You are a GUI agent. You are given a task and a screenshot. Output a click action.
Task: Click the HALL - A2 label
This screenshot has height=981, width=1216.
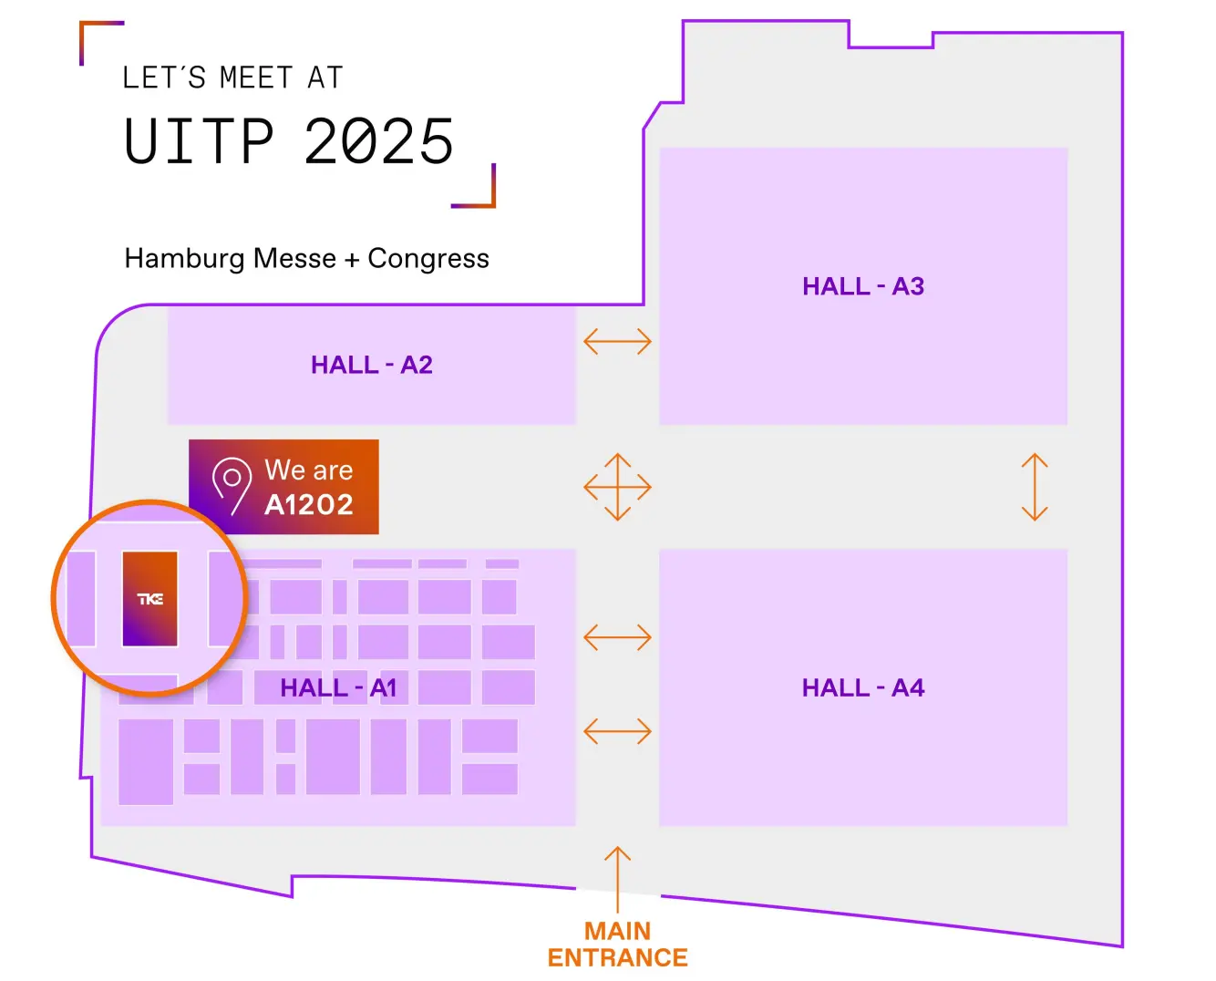(371, 366)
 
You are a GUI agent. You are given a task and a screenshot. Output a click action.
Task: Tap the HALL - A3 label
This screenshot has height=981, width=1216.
(862, 287)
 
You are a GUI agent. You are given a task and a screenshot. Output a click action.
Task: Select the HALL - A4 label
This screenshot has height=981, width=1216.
(862, 688)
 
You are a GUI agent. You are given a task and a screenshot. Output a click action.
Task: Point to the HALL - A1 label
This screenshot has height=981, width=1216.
(338, 688)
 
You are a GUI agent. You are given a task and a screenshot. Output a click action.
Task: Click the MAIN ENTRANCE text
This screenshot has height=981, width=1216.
(617, 945)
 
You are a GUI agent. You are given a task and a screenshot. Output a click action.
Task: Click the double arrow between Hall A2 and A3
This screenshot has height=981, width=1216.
(617, 342)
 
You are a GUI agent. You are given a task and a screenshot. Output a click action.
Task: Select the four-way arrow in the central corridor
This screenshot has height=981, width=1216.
(617, 487)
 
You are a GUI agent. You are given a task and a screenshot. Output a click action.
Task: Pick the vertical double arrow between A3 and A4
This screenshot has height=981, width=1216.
(1035, 487)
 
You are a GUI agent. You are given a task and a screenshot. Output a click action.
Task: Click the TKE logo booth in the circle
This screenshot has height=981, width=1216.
(150, 598)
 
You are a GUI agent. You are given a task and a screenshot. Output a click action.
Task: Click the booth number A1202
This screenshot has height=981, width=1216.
(309, 504)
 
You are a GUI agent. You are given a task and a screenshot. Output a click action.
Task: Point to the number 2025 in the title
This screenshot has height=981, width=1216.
(379, 142)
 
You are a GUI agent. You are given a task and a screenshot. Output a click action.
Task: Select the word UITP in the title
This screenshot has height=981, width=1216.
(200, 142)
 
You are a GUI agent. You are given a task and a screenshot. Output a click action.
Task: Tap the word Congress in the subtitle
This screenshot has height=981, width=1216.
(428, 259)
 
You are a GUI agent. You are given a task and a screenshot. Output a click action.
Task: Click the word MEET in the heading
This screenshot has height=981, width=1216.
(256, 78)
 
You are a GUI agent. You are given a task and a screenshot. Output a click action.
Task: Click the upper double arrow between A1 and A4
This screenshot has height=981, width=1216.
(617, 636)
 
